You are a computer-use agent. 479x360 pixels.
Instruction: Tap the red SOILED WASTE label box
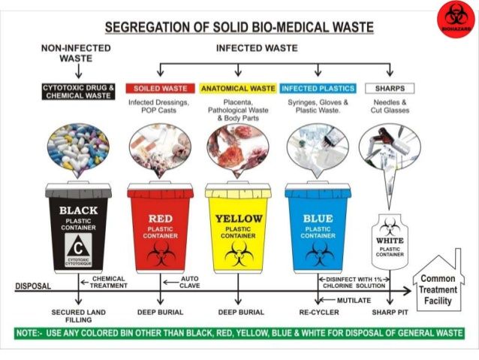tap(160, 89)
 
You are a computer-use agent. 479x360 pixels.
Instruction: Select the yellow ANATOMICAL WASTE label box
tap(238, 89)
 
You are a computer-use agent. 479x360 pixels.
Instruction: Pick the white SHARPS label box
tap(389, 89)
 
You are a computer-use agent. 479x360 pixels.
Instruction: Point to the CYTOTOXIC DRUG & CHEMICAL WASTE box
tap(79, 92)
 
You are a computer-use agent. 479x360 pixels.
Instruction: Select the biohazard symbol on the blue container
tap(318, 253)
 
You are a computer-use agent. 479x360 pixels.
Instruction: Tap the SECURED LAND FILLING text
tap(78, 316)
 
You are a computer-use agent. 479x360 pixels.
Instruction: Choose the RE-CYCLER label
tap(318, 312)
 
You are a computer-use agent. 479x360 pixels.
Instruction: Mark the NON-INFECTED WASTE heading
tap(75, 53)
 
